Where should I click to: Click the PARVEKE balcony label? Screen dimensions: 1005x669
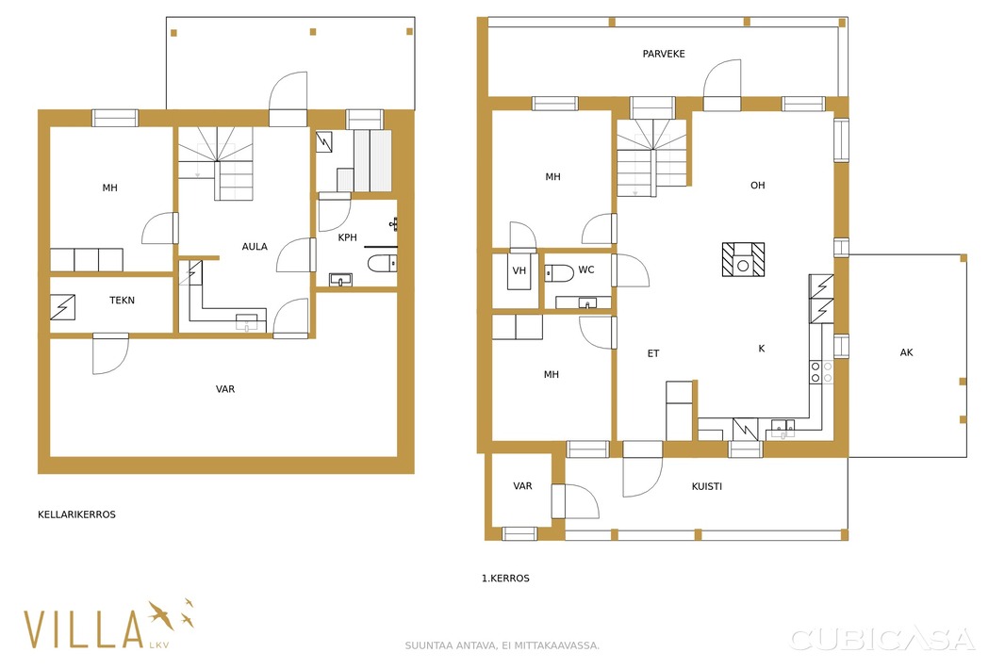(664, 54)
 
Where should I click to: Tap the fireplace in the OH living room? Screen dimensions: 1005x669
(744, 259)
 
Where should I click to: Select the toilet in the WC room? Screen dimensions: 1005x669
(559, 273)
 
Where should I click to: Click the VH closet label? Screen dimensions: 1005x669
(519, 270)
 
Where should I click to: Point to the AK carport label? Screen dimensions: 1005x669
(906, 352)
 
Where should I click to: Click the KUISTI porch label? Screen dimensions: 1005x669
(707, 486)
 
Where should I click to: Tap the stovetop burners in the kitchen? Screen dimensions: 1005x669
(821, 372)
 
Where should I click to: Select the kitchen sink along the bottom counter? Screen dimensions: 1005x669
(783, 427)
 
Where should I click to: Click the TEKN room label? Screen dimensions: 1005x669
(122, 300)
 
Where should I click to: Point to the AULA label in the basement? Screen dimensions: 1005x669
(255, 247)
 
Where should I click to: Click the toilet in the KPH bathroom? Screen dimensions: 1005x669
(382, 263)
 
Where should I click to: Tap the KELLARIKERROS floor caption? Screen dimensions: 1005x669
(77, 514)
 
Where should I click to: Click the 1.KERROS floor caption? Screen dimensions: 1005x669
(505, 578)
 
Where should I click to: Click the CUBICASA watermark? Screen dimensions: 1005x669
(882, 639)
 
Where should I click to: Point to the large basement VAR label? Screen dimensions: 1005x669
(225, 389)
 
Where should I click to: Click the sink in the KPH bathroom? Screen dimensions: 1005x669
(340, 280)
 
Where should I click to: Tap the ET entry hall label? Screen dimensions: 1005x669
(653, 353)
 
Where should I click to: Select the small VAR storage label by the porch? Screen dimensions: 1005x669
(522, 485)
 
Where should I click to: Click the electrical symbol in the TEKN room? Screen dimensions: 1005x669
(63, 307)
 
